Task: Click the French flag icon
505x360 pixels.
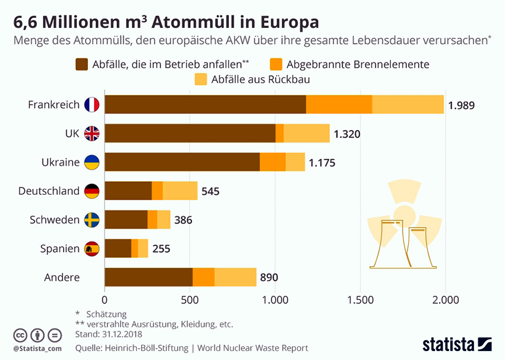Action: pos(91,105)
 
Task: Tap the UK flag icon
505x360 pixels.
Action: pos(91,133)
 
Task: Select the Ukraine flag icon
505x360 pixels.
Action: pos(91,162)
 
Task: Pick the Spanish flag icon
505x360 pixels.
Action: pos(91,249)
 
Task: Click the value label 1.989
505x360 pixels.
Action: pos(462,105)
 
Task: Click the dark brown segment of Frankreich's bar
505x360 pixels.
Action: pos(205,104)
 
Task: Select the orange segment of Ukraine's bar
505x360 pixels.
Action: pos(273,162)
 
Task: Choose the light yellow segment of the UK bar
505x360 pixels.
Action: pos(307,133)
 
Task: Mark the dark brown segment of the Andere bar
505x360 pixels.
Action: pos(149,277)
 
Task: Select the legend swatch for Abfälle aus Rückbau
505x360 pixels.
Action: pos(201,78)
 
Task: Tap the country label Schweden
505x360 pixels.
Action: pos(55,220)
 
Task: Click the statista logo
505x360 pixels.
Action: pos(457,343)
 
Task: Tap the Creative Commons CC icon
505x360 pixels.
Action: pos(21,334)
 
